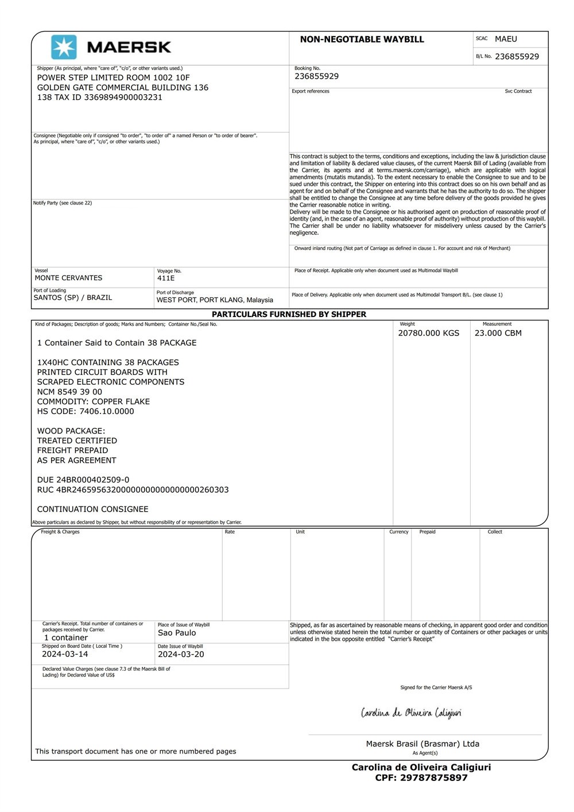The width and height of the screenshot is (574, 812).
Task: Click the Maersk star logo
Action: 64,47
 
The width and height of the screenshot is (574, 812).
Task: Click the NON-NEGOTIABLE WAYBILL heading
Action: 362,40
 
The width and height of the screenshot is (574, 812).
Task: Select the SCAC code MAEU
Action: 506,39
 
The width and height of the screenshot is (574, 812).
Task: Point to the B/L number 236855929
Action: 517,56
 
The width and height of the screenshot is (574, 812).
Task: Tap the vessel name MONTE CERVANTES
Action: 68,278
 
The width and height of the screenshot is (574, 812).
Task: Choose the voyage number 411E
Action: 166,278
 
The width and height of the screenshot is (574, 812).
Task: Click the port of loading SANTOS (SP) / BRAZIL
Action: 73,297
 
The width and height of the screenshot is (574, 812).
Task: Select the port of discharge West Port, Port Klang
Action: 215,300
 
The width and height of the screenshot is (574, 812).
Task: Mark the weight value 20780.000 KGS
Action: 428,333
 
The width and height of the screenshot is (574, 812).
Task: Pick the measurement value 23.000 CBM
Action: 498,333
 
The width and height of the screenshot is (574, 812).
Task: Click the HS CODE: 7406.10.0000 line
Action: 86,411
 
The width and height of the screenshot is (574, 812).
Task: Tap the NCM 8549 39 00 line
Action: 69,392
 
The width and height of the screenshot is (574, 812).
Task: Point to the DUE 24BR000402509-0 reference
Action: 83,480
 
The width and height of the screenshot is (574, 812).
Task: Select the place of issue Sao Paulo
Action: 177,633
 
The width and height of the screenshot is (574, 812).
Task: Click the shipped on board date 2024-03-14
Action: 65,654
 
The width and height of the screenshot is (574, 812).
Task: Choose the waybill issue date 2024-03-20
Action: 181,654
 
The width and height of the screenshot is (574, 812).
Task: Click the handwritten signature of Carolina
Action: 411,713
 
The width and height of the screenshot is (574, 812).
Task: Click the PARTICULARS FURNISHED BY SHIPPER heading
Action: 289,314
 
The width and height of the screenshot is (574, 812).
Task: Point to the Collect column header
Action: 495,532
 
